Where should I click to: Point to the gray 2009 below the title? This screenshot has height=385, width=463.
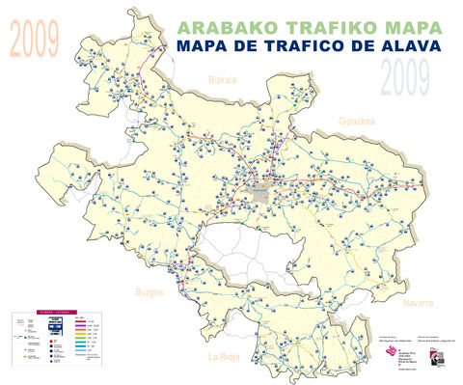pyautogui.click(x=404, y=78)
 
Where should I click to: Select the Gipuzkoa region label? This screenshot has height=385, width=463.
pyautogui.click(x=356, y=122)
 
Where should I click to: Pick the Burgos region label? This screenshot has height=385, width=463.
pyautogui.click(x=150, y=291)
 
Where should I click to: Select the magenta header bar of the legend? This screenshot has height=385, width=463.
pyautogui.click(x=57, y=313)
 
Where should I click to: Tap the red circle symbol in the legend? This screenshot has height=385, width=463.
pyautogui.click(x=50, y=341)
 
